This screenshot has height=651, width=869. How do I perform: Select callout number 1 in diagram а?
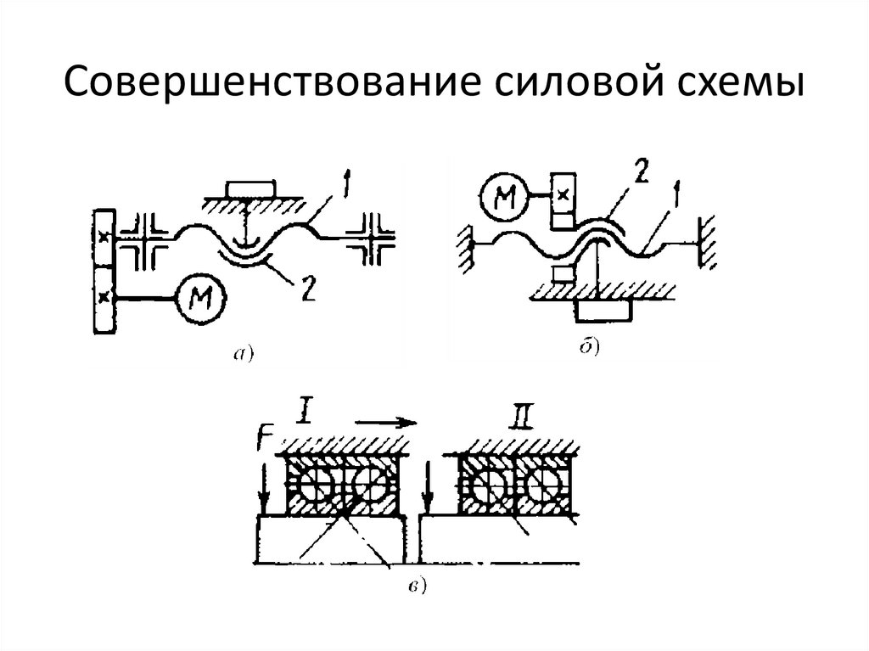pos(345,187)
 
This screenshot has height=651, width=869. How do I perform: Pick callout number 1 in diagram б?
pos(676,194)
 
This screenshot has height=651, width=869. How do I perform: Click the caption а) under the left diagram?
pos(243,353)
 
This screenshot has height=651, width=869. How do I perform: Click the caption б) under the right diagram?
pos(590,347)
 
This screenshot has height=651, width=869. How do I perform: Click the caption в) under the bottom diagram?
pos(416,586)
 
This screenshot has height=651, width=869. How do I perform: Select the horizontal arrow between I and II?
pos(386,423)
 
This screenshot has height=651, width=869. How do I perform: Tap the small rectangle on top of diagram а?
pos(249,189)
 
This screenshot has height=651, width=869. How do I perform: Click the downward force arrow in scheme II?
pos(427,489)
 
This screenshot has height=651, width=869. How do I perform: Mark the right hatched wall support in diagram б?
pos(705,244)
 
